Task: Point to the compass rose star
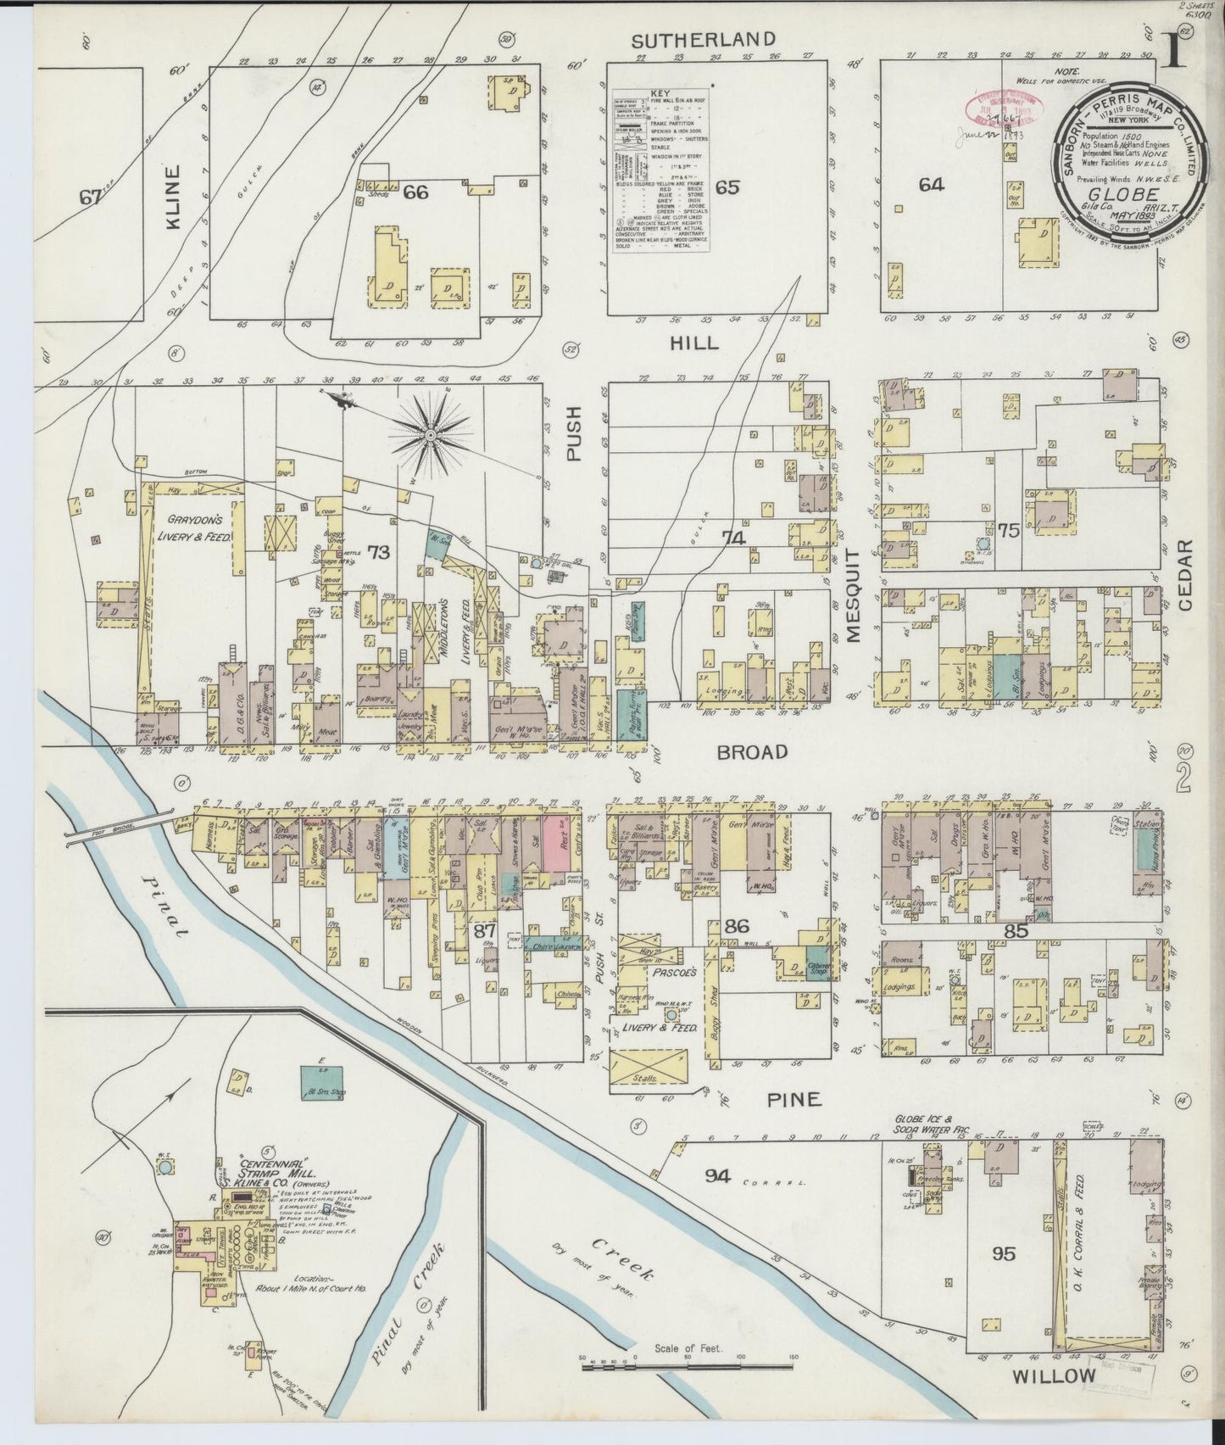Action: pos(431,435)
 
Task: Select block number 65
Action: pos(727,187)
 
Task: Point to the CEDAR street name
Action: pos(1184,576)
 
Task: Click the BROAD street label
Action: pos(752,751)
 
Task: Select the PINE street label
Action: pos(794,1100)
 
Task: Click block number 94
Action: pos(717,1174)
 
